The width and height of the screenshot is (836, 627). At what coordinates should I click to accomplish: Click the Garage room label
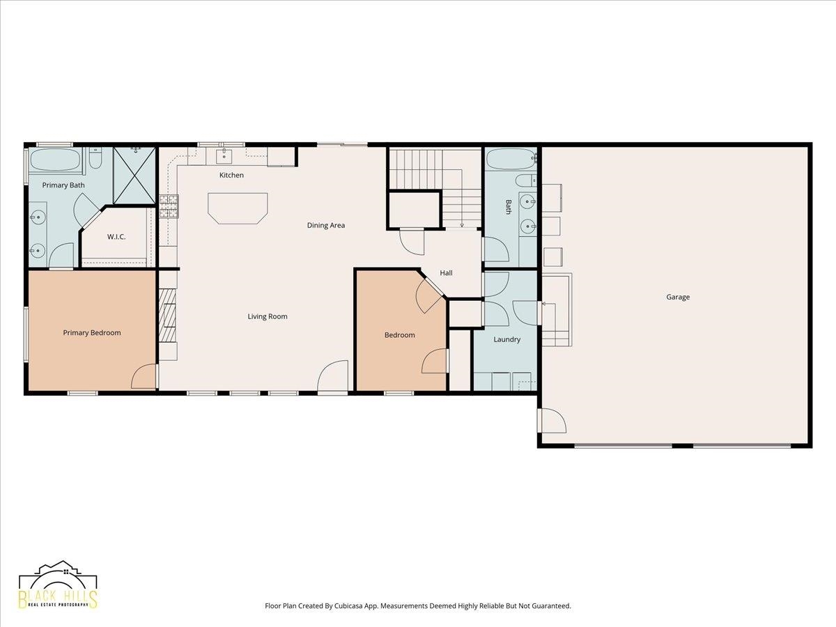click(678, 297)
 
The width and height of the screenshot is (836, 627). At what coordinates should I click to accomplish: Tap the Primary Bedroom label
click(92, 333)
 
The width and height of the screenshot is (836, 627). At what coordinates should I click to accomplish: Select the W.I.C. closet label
click(116, 237)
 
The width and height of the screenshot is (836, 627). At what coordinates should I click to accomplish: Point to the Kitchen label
click(231, 175)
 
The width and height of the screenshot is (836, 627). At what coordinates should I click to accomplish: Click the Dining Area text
click(326, 225)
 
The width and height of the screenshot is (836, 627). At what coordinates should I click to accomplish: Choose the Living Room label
click(268, 316)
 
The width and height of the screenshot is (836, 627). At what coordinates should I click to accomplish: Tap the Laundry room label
click(507, 339)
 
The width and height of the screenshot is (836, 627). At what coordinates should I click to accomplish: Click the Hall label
click(446, 273)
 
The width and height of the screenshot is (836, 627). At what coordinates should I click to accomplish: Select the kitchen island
click(238, 208)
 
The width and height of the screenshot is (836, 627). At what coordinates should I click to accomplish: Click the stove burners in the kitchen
click(169, 206)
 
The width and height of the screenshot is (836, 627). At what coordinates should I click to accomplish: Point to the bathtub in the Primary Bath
click(56, 159)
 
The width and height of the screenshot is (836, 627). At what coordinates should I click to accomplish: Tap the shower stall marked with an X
click(134, 175)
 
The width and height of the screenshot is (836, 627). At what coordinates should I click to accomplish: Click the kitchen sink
click(224, 155)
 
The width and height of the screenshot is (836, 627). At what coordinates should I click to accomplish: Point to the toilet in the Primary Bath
click(95, 158)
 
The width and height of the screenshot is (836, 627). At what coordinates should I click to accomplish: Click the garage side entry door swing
click(552, 421)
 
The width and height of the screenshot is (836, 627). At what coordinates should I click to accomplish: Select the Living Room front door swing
click(332, 376)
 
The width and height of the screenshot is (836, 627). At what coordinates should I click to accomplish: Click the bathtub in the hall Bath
click(511, 159)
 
